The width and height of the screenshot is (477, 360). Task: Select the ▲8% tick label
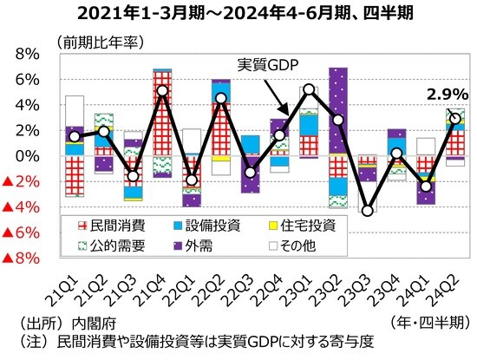click(x=19, y=259)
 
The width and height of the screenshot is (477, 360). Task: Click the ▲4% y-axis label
click(x=19, y=207)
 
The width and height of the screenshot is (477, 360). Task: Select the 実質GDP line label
click(x=273, y=64)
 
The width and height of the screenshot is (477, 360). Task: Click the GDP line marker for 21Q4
click(x=162, y=90)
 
